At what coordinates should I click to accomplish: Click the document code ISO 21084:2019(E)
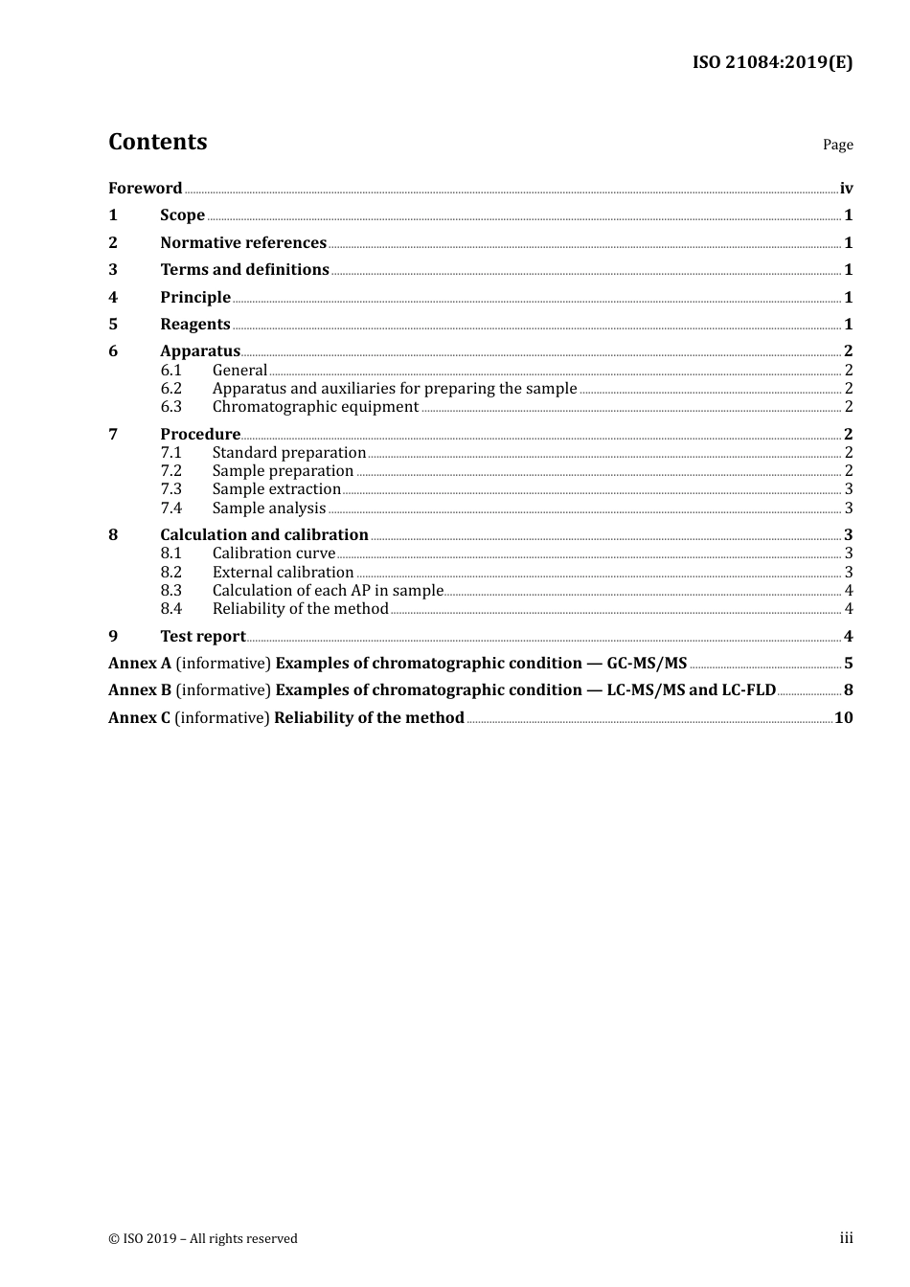[x=772, y=62]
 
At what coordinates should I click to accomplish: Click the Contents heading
[x=158, y=142]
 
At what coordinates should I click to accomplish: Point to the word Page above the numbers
[x=837, y=145]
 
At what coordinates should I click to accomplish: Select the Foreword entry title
[x=145, y=188]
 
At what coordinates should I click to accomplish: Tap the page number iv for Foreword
[x=846, y=188]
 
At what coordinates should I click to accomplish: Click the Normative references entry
[x=243, y=242]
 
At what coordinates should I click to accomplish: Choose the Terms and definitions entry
[x=244, y=269]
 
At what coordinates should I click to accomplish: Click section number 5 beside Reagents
[x=113, y=324]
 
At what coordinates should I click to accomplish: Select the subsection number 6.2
[x=171, y=388]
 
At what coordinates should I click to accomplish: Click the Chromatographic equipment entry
[x=315, y=406]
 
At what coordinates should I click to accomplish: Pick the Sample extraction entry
[x=277, y=488]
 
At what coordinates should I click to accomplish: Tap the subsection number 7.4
[x=171, y=508]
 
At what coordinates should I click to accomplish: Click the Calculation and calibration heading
[x=264, y=534]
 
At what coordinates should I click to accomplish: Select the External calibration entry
[x=283, y=572]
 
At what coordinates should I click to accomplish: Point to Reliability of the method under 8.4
[x=300, y=608]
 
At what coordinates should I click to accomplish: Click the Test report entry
[x=203, y=636]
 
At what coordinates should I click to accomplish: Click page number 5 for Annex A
[x=848, y=663]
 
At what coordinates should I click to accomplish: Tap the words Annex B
[x=140, y=689]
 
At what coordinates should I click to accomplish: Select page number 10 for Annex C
[x=843, y=717]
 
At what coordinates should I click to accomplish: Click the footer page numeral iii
[x=846, y=1237]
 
